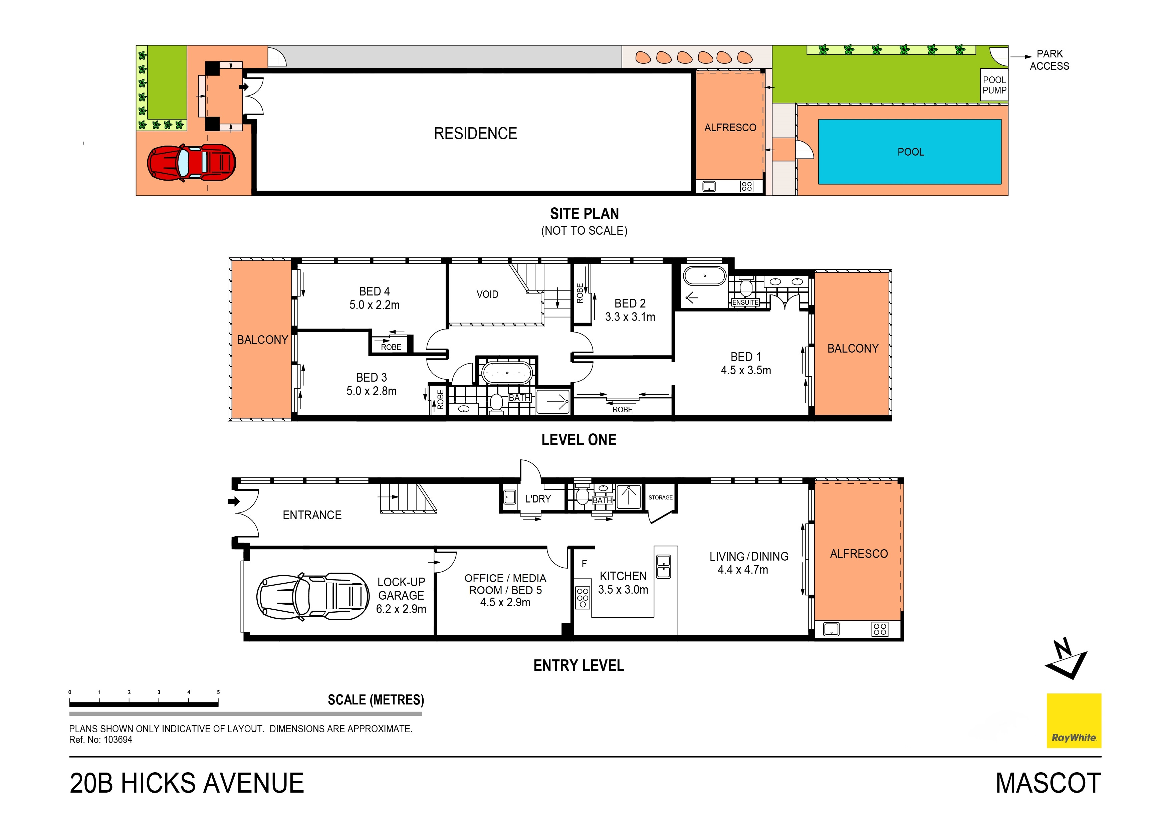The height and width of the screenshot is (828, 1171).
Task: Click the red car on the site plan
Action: point(192,163)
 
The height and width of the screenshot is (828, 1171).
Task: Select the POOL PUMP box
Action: point(994,85)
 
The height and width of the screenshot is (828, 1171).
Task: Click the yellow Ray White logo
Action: point(1074,720)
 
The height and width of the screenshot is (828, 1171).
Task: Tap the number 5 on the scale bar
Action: point(218,692)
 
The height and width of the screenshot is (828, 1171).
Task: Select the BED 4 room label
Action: point(374,291)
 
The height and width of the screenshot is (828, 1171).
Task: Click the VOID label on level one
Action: point(487,294)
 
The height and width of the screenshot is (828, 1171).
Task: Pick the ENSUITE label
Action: point(745,302)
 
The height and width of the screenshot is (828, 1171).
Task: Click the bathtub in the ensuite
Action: point(704,276)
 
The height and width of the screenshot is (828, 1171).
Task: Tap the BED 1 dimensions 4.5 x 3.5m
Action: point(746,370)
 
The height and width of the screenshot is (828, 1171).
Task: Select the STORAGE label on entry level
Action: point(661,497)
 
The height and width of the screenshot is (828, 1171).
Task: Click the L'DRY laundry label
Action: point(538,499)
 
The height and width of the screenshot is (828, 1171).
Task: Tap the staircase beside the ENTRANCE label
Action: point(408,497)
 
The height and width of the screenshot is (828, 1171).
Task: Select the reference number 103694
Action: point(118,740)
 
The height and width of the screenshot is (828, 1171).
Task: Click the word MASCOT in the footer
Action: point(1048,783)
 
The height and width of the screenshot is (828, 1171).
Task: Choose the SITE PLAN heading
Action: point(584,214)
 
